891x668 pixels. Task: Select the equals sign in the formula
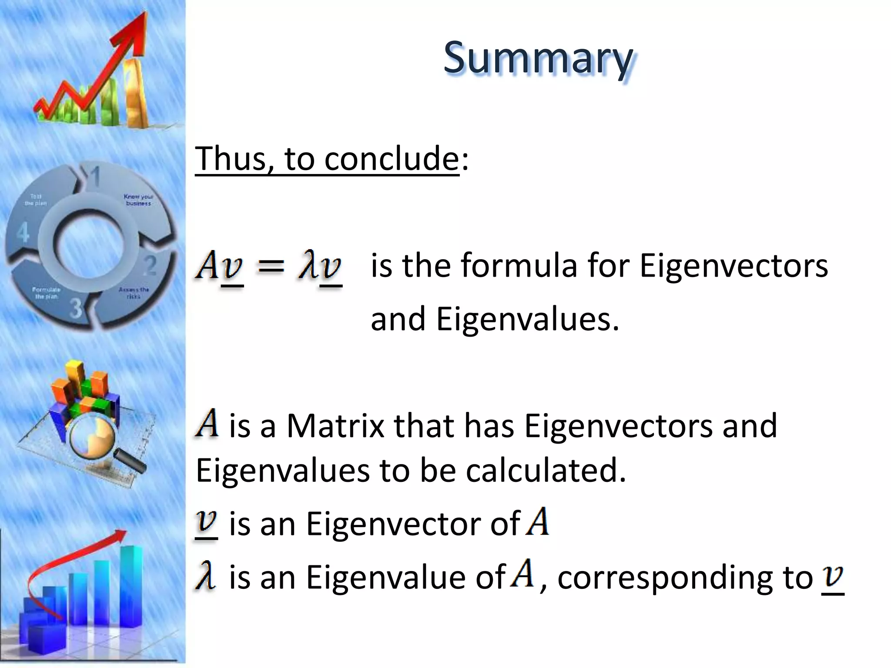pyautogui.click(x=271, y=265)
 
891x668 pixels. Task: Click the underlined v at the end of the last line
pyautogui.click(x=833, y=578)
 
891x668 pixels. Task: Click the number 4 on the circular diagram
pyautogui.click(x=23, y=232)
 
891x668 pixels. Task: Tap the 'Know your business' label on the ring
pyautogui.click(x=138, y=200)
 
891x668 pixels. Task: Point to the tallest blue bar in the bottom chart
pyautogui.click(x=131, y=585)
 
